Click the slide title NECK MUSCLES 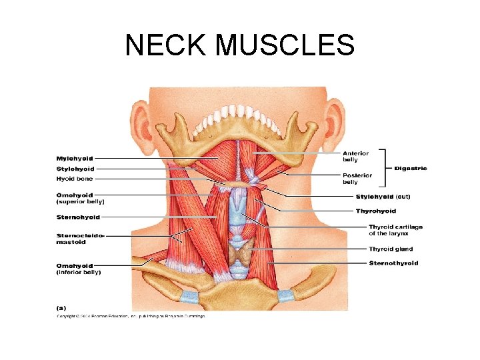(x=240, y=45)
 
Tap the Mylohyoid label (x=75, y=159)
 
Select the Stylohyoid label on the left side (x=75, y=169)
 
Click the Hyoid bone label (x=75, y=179)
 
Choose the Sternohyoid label (x=78, y=217)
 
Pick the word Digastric (x=411, y=168)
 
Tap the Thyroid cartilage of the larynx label (x=396, y=231)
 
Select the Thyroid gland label (x=391, y=249)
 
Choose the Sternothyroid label (x=394, y=263)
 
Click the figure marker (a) (x=60, y=308)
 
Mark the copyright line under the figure (x=130, y=316)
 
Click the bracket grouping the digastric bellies (x=385, y=167)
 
